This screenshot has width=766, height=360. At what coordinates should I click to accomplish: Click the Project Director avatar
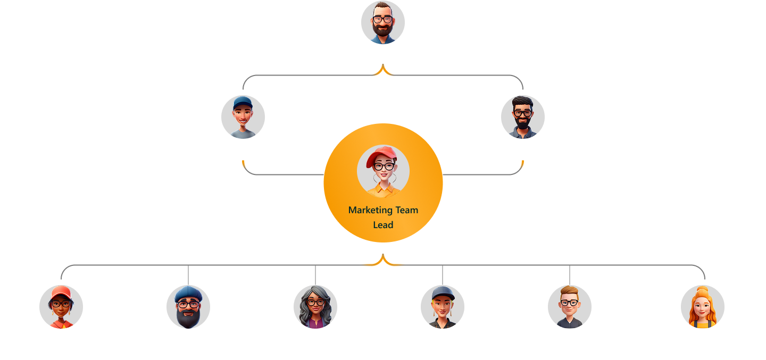point(383,22)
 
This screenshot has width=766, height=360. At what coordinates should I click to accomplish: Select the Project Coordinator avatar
point(243,117)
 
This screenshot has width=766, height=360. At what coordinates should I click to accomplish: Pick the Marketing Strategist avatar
point(523,117)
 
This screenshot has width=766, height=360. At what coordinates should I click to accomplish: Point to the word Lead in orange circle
point(383,225)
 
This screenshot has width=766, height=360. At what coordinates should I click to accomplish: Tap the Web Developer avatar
point(61,307)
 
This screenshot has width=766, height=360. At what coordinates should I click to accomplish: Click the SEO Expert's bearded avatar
point(188,307)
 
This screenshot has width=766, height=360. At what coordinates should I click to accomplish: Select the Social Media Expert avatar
point(315,307)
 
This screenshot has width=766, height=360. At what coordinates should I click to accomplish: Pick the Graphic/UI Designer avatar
point(443,307)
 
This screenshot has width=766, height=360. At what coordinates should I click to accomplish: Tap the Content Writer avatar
point(570,307)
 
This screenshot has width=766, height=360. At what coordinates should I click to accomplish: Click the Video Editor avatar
point(703,307)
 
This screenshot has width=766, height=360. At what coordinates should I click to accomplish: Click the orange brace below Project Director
point(383,71)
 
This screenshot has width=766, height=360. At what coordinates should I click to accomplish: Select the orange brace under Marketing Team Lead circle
point(383,261)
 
